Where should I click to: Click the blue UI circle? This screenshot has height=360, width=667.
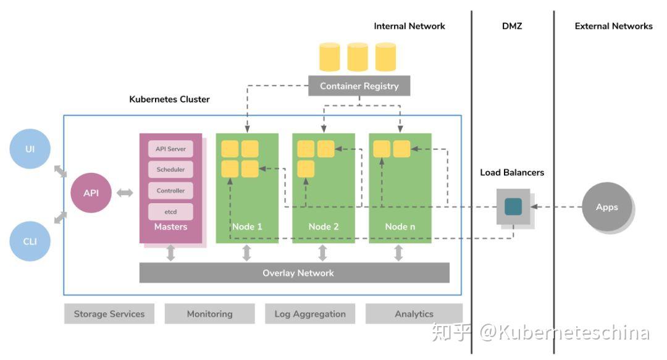(30, 149)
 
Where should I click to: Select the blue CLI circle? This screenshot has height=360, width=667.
(30, 241)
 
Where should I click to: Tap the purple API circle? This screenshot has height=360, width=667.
(91, 193)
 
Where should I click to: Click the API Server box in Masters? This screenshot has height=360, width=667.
(170, 149)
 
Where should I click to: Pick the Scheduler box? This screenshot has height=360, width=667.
(170, 170)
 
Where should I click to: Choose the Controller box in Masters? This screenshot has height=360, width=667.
(170, 191)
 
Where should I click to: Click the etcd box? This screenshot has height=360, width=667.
(170, 212)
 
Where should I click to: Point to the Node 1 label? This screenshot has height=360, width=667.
(247, 227)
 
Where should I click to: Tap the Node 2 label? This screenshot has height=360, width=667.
(324, 227)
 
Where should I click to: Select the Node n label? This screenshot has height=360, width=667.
(400, 227)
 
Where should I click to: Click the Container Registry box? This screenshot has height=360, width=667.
(359, 86)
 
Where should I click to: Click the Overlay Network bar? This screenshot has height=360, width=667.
(295, 273)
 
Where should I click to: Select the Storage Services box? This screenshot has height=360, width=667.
(109, 314)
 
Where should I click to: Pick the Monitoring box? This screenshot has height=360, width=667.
(209, 314)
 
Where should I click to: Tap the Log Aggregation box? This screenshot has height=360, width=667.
(310, 314)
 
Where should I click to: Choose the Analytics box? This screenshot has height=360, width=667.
(414, 314)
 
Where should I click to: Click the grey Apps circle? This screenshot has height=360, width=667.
(606, 207)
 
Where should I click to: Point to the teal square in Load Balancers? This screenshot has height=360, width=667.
(513, 206)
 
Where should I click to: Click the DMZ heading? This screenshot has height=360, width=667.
(512, 26)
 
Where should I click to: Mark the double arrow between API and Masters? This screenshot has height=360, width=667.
(125, 193)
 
